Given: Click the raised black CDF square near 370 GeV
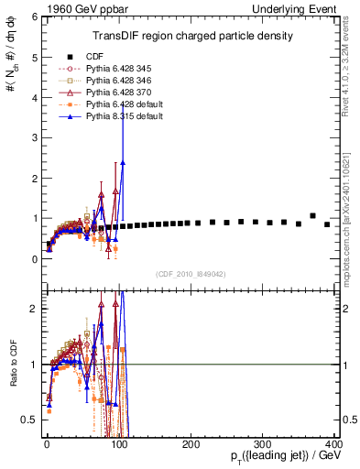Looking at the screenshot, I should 313,216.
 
